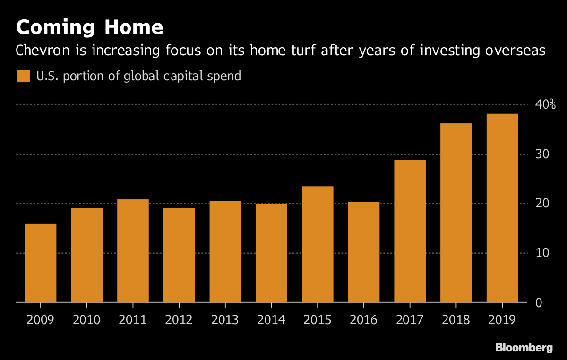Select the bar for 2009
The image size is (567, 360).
(41, 263)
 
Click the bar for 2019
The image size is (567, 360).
(502, 208)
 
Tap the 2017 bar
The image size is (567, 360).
(410, 231)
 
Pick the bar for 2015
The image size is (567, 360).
(318, 244)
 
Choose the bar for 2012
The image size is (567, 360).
(179, 255)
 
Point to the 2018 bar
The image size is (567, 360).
(456, 213)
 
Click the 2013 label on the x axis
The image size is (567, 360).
(225, 320)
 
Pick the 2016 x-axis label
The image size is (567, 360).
(364, 320)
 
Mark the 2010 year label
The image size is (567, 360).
(86, 320)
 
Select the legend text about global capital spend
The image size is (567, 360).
(138, 76)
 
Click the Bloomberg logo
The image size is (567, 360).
(524, 348)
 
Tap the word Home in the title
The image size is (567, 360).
(134, 27)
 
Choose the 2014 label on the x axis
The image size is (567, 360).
(271, 320)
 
